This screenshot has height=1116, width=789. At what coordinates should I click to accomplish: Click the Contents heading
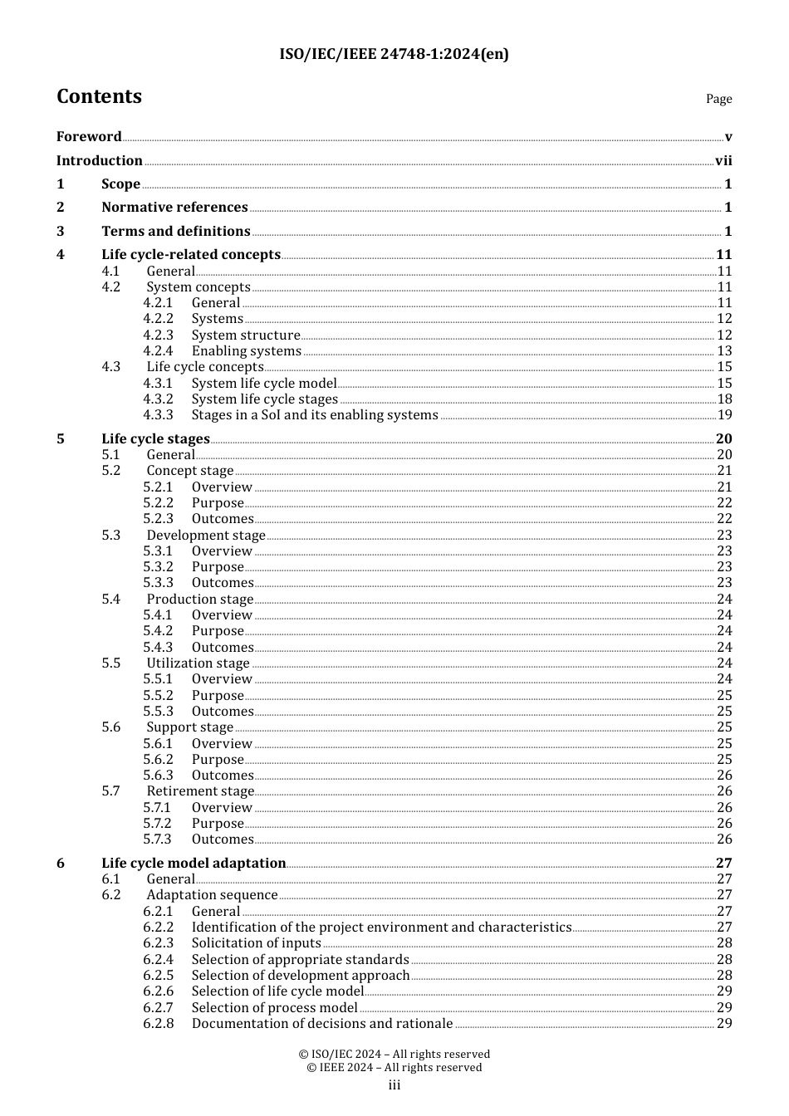(99, 96)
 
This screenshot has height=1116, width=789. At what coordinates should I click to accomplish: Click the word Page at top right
(718, 99)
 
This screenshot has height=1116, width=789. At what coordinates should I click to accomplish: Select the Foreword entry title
(89, 137)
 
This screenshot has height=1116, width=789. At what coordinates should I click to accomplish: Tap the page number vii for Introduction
(723, 161)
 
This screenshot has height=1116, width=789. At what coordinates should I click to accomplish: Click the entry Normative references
(174, 208)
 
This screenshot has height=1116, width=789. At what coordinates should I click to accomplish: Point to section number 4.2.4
(158, 351)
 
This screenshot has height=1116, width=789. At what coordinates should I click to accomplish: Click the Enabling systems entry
(246, 351)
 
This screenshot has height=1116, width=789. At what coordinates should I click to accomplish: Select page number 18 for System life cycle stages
(724, 399)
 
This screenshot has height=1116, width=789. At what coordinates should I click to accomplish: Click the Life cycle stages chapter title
(155, 439)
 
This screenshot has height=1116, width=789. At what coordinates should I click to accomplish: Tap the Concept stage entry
(189, 471)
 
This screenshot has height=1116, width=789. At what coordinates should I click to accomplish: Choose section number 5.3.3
(158, 583)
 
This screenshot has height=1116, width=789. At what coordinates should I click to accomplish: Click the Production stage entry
(199, 600)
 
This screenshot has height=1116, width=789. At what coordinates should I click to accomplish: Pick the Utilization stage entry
(198, 663)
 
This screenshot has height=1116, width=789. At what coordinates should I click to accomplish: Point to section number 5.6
(111, 727)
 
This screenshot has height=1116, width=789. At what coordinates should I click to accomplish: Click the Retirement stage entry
(200, 791)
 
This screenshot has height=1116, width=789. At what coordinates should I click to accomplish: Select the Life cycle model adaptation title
(194, 864)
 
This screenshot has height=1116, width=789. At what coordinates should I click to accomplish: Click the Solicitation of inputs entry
(256, 943)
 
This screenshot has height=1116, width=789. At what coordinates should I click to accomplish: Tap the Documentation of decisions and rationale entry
(322, 1024)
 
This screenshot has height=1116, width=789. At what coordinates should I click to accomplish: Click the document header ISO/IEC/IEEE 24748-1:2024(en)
(394, 55)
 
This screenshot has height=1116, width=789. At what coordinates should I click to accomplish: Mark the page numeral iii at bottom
(394, 1085)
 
